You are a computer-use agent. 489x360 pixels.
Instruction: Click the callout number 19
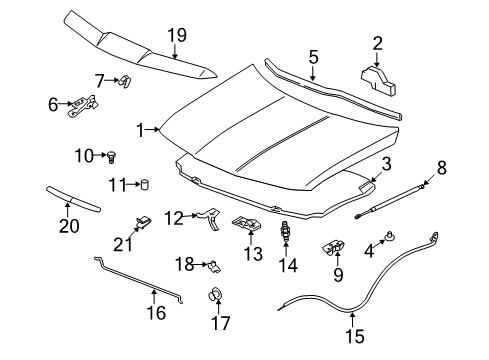(x=176, y=35)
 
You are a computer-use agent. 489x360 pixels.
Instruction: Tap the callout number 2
(x=377, y=42)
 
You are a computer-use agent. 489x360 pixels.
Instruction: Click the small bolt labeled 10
(x=112, y=156)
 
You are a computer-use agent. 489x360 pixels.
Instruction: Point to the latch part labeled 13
(x=245, y=226)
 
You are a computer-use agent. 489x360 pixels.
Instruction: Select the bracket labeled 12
(x=210, y=215)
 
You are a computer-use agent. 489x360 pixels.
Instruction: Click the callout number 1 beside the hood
(x=143, y=128)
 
